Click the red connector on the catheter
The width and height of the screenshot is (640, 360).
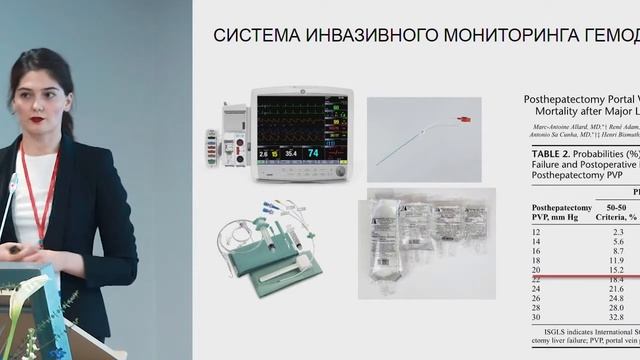462,121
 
